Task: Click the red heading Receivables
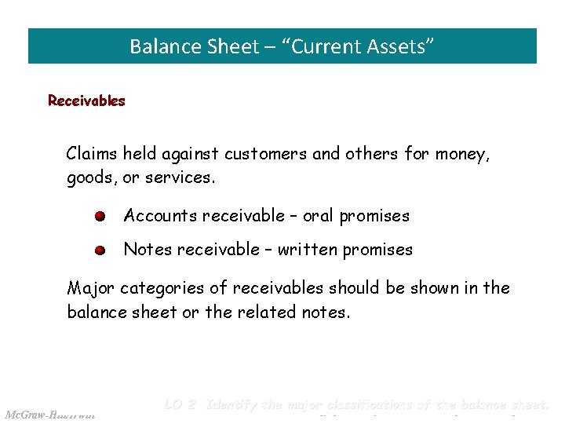click(x=86, y=101)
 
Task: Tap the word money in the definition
click(x=465, y=155)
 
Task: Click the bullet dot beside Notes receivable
click(x=100, y=251)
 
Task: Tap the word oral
click(x=319, y=216)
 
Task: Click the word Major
click(x=90, y=288)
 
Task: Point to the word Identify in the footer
click(x=233, y=405)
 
